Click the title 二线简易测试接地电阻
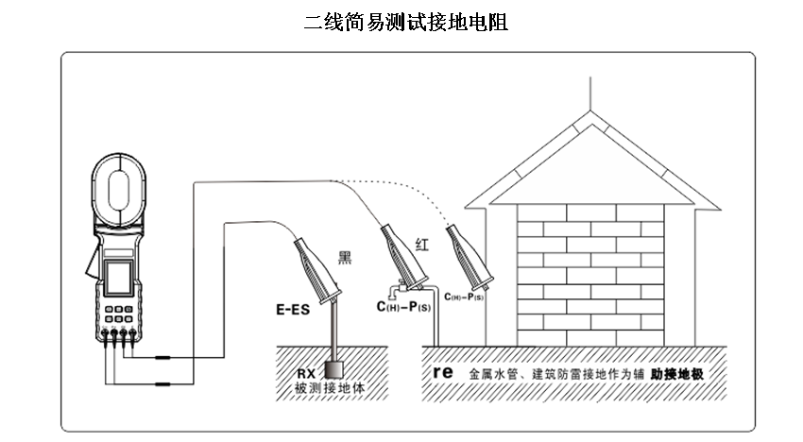click(406, 23)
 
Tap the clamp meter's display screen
click(119, 279)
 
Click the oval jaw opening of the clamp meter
click(118, 186)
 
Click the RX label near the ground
click(305, 373)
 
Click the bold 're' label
click(444, 372)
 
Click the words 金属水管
click(491, 374)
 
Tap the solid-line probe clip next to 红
click(401, 255)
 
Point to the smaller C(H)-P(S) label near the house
click(465, 297)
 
